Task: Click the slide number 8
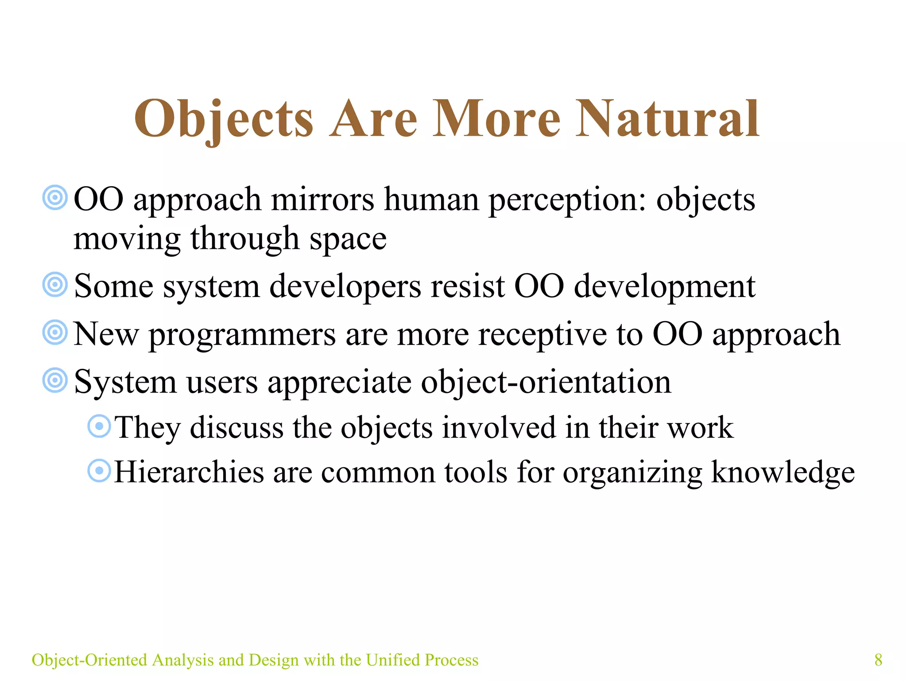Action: pyautogui.click(x=878, y=660)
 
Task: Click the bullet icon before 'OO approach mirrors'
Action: pyautogui.click(x=55, y=198)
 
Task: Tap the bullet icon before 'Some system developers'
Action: pyautogui.click(x=55, y=285)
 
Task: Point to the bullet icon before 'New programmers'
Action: pyautogui.click(x=55, y=333)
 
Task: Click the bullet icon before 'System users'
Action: pyautogui.click(x=55, y=380)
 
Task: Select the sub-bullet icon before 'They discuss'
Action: pyautogui.click(x=99, y=427)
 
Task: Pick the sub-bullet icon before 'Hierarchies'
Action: pyautogui.click(x=99, y=470)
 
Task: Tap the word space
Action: pyautogui.click(x=348, y=240)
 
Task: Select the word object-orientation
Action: pyautogui.click(x=546, y=382)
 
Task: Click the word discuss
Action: pyautogui.click(x=237, y=428)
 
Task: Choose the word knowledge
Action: pyautogui.click(x=783, y=473)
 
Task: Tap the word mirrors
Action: pyautogui.click(x=322, y=200)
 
